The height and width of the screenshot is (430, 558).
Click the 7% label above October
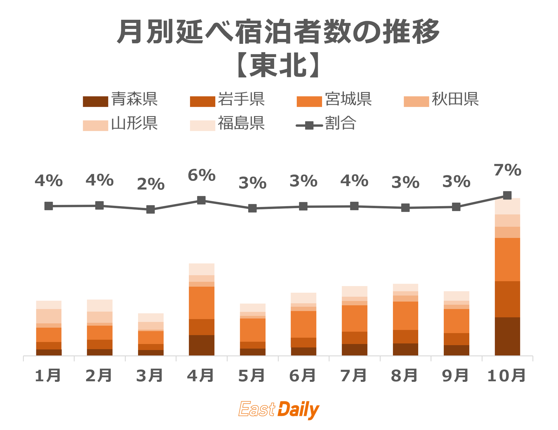pyautogui.click(x=507, y=170)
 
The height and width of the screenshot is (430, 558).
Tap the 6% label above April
pyautogui.click(x=201, y=175)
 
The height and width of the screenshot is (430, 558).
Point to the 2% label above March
pyautogui.click(x=151, y=184)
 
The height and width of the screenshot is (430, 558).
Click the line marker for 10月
pyautogui.click(x=507, y=195)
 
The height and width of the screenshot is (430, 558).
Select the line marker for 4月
pyautogui.click(x=201, y=200)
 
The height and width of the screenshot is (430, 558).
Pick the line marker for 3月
pyautogui.click(x=150, y=209)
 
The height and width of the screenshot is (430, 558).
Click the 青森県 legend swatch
pyautogui.click(x=95, y=101)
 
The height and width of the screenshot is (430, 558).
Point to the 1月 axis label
pyautogui.click(x=48, y=376)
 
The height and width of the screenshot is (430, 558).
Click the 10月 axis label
pyautogui.click(x=507, y=376)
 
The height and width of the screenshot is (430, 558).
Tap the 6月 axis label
pyautogui.click(x=303, y=376)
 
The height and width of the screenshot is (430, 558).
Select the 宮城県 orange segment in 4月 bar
pyautogui.click(x=201, y=303)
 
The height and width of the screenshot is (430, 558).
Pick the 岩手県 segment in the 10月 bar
pyautogui.click(x=507, y=299)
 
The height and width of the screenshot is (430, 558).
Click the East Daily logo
pyautogui.click(x=279, y=410)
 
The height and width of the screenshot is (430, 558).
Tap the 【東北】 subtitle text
pyautogui.click(x=279, y=65)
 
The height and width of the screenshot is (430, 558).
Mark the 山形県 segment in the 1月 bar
pyautogui.click(x=49, y=316)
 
